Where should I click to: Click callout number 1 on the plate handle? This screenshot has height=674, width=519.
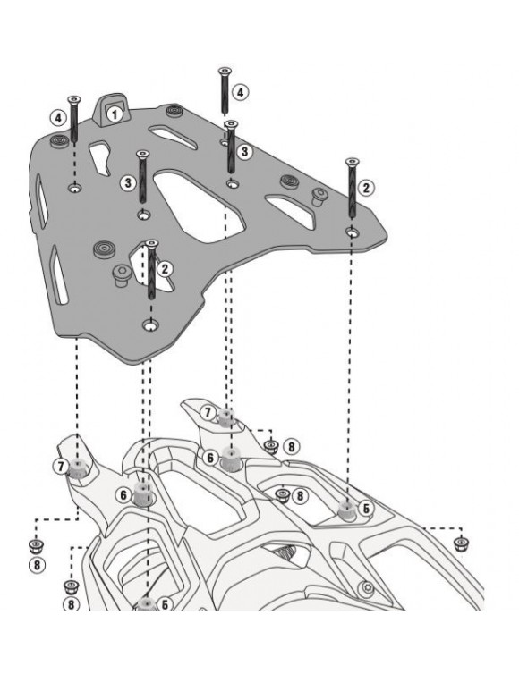pos(114,114)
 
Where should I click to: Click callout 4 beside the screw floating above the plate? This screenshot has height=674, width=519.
pos(239,92)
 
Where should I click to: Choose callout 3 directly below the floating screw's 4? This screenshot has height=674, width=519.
pos(245,152)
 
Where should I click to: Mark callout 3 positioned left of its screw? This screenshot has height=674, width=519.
pos(128,181)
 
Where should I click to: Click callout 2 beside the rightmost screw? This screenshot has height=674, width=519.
pos(365,188)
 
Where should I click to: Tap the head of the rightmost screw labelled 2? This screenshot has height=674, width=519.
pos(350,162)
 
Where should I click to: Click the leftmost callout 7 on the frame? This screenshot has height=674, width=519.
pos(60,467)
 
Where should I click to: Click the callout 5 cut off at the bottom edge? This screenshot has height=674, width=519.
pos(166,605)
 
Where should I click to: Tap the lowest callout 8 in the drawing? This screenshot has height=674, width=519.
pos(72,605)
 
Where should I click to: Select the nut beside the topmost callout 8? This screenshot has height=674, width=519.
pos(270,446)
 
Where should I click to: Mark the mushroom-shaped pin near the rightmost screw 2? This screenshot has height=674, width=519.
pos(317,196)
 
